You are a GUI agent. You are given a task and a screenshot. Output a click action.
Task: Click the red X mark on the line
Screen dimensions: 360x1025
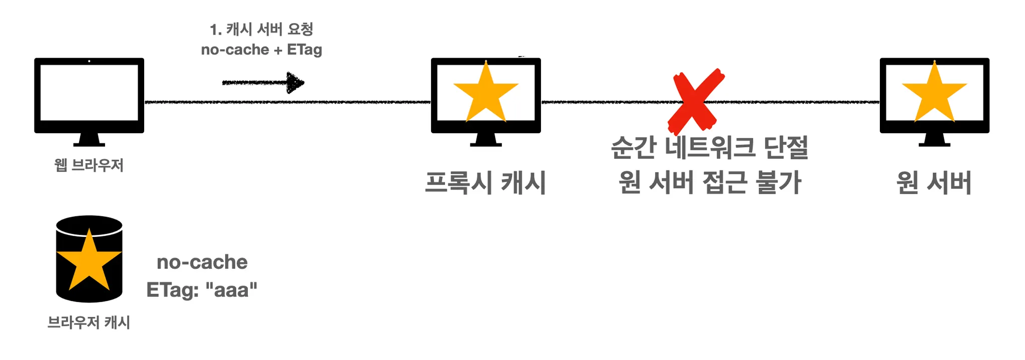(696, 100)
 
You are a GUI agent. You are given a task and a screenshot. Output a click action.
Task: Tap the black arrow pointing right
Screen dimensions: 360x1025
(263, 83)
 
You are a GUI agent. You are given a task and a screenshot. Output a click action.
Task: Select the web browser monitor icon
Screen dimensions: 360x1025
(89, 95)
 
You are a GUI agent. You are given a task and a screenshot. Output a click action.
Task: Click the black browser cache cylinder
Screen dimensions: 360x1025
(89, 259)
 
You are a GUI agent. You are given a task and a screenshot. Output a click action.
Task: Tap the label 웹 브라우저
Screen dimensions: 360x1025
(89, 165)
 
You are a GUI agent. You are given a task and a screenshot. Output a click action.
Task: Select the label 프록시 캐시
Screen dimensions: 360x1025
(485, 182)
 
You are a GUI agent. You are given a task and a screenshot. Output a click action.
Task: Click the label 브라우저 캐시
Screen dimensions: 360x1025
(89, 322)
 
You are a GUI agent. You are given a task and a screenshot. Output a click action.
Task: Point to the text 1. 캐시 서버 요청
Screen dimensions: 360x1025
(262, 29)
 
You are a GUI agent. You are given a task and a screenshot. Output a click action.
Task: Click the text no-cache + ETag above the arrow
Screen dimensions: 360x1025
(261, 50)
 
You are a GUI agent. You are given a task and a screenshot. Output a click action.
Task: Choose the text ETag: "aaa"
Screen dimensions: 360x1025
(202, 290)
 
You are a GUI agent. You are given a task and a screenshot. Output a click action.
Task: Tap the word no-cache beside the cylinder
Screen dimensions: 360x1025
(202, 262)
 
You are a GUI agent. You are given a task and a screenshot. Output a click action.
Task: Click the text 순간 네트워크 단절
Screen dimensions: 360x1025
(710, 148)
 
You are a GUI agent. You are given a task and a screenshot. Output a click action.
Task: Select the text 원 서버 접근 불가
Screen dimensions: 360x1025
(710, 182)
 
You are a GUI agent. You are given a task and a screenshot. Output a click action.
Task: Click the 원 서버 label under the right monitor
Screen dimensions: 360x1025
(934, 182)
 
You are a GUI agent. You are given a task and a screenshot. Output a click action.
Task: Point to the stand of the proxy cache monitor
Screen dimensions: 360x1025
(485, 140)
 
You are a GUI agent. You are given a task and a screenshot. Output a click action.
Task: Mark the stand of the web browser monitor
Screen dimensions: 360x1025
(89, 140)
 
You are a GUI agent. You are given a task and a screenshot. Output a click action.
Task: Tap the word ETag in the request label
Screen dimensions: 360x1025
(304, 50)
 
